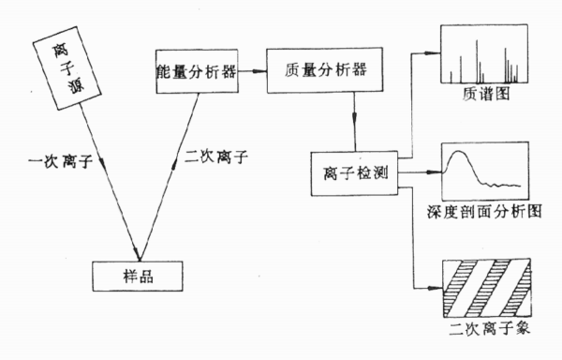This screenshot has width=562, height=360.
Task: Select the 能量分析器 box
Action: point(194,71)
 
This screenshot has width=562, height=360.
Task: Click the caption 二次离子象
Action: point(482,331)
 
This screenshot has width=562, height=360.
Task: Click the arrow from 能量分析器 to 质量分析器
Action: point(254,71)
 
